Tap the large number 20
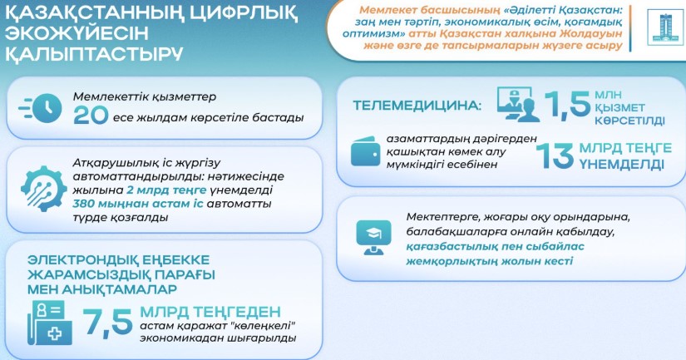(91, 116)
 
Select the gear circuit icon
(44, 189)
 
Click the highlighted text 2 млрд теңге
(166, 190)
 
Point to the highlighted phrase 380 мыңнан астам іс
(138, 204)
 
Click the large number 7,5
(107, 323)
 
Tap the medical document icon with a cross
(50, 323)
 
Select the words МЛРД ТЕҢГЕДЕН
(210, 312)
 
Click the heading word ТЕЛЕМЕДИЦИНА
(417, 106)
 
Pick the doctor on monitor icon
(518, 104)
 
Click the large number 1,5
(567, 105)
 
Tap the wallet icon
(365, 151)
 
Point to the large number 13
(555, 156)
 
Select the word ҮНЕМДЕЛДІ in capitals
(622, 165)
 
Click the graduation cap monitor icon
(373, 237)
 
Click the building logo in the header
(664, 27)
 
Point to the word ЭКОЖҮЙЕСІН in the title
(77, 34)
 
